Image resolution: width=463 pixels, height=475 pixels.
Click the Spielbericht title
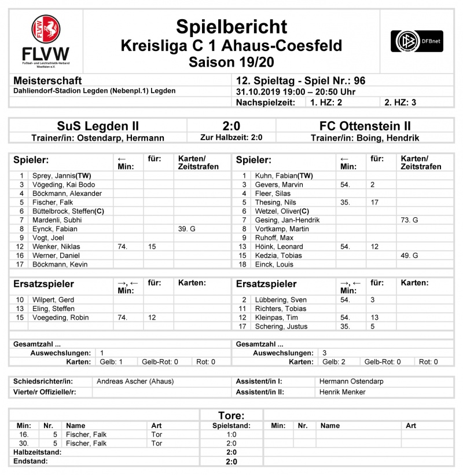tap(231, 27)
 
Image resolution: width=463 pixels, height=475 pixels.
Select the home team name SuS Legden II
tap(98, 126)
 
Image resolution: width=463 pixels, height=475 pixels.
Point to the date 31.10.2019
tap(257, 92)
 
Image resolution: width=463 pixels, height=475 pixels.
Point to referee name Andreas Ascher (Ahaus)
tap(135, 381)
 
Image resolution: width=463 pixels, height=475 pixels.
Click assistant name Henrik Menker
tap(342, 392)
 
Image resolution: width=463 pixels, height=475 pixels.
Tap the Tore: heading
tap(231, 415)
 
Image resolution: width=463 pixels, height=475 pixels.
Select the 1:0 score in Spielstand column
tap(231, 434)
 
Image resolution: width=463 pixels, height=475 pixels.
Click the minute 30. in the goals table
tap(24, 443)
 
